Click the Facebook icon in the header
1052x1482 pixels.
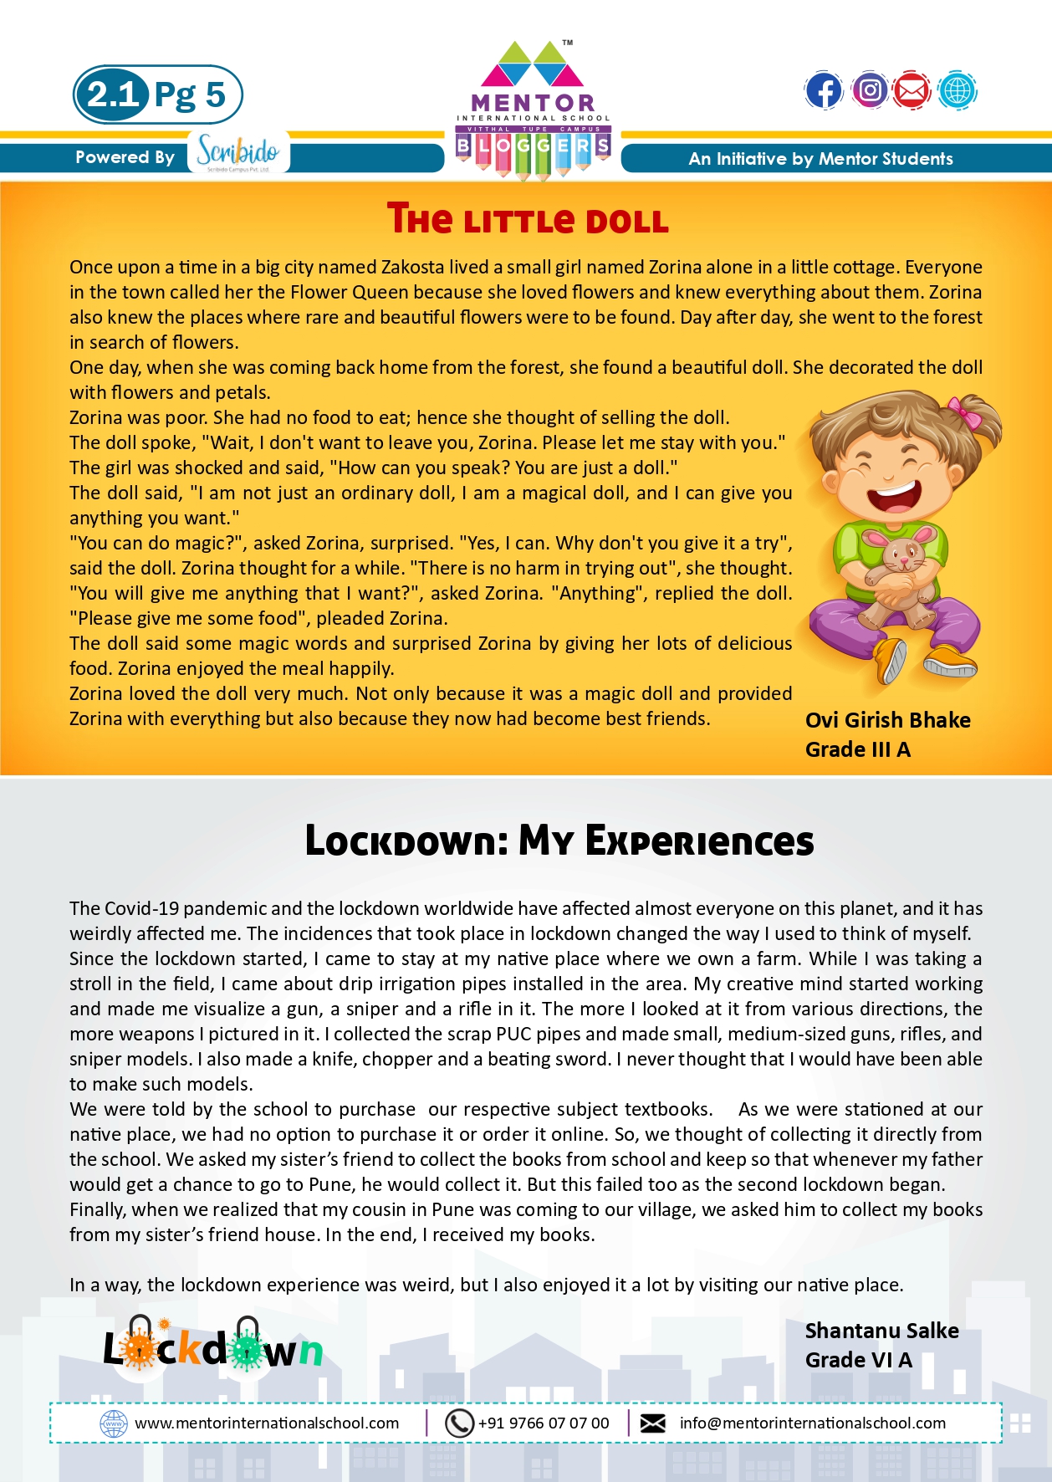824,91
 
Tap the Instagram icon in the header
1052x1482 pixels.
870,90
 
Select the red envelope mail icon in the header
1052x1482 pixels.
912,90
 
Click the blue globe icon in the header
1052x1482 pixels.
957,90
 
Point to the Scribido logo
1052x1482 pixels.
238,152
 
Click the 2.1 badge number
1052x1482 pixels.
113,95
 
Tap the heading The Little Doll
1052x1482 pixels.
528,219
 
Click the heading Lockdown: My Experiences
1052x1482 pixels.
559,841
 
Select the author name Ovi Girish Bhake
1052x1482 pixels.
887,720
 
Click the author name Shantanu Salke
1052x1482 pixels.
881,1331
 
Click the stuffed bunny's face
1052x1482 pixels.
901,553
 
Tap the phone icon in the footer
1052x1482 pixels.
459,1423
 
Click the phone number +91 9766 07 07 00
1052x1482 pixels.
544,1423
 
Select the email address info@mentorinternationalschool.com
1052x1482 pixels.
812,1423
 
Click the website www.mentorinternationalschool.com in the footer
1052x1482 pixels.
267,1423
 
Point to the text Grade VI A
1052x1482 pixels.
858,1360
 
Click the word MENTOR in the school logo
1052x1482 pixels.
533,104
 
